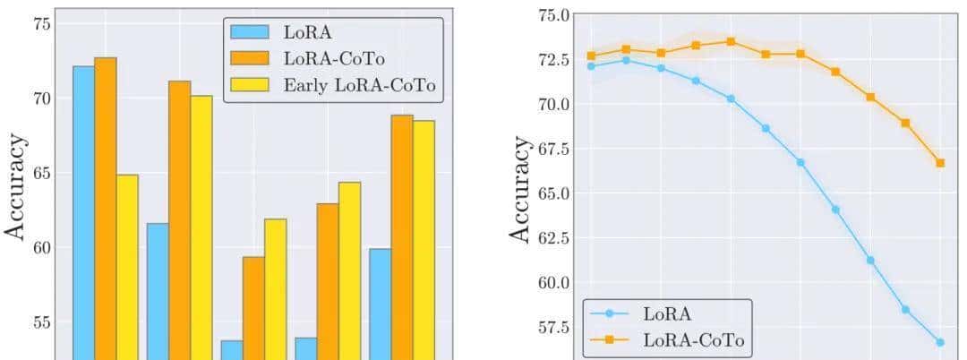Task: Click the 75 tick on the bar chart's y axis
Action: pyautogui.click(x=40, y=24)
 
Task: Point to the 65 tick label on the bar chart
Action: pyautogui.click(x=40, y=173)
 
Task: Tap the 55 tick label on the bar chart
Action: pyautogui.click(x=40, y=321)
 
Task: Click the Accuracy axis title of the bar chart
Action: pyautogui.click(x=16, y=186)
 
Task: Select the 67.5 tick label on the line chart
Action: pyautogui.click(x=550, y=149)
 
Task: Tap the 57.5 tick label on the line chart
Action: pyautogui.click(x=550, y=327)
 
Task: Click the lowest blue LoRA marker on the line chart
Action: pyautogui.click(x=940, y=342)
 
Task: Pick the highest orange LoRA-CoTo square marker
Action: pyautogui.click(x=731, y=41)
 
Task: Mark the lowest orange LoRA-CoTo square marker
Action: pyautogui.click(x=940, y=163)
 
